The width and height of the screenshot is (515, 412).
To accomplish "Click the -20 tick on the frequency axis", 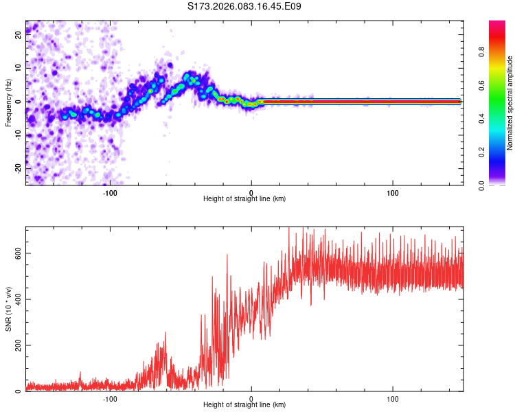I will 19,168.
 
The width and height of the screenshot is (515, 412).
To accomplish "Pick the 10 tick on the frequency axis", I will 19,69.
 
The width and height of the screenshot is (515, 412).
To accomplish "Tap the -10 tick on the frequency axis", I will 19,135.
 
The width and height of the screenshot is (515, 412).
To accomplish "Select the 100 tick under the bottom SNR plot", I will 393,398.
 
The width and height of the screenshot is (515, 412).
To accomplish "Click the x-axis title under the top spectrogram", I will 244,199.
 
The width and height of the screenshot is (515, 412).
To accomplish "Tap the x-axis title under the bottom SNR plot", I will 244,405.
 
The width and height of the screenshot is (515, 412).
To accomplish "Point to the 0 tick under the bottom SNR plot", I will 251,398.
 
